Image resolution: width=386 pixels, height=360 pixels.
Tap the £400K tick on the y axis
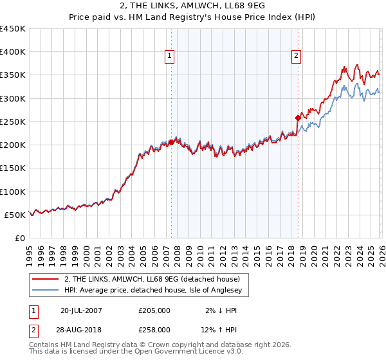point(13,52)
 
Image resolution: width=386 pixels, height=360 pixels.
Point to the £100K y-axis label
point(13,192)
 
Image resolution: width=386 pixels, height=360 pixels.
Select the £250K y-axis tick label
point(13,122)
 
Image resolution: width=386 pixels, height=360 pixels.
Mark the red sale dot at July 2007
point(171,143)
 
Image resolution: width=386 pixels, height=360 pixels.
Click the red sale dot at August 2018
point(298,118)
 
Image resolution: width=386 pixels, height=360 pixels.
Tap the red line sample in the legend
point(47,279)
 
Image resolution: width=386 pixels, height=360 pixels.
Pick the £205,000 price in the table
point(154,310)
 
